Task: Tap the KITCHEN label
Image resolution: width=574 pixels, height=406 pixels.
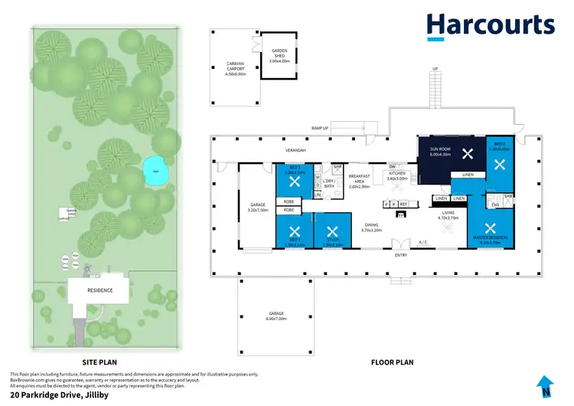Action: [397, 175]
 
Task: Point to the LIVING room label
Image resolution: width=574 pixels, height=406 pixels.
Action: [447, 215]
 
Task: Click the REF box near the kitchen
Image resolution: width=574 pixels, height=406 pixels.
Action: [403, 205]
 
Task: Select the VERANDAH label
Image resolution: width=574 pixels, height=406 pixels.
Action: [296, 150]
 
